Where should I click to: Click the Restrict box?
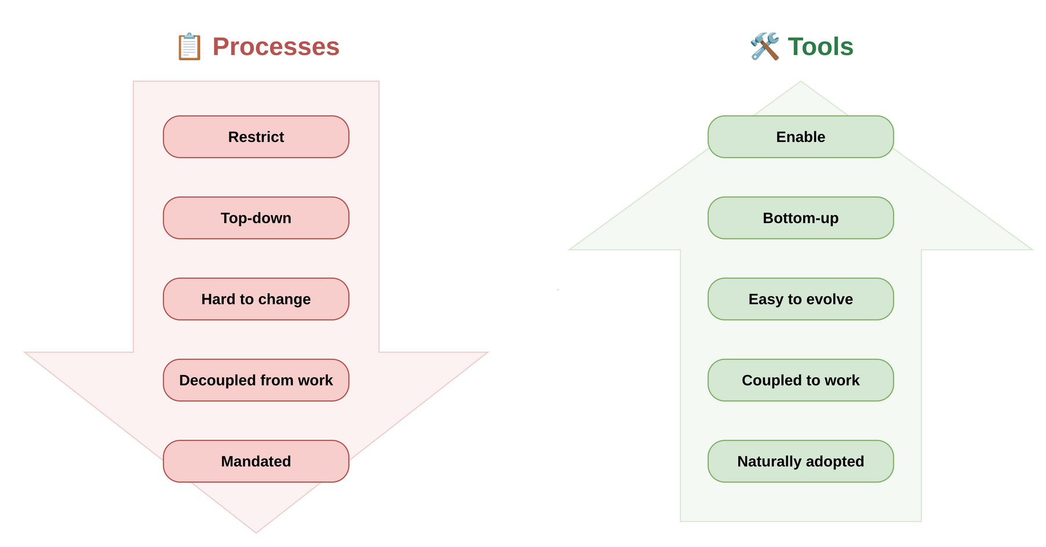256,137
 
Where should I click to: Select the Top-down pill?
256,218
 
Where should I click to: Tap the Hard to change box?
256,299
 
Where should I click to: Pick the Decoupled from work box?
256,380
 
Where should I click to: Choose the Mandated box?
256,461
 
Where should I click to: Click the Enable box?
800,137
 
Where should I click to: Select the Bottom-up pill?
800,218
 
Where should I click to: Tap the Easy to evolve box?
800,299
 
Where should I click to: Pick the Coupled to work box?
800,380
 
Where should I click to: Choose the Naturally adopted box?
800,461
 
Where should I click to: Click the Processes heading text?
276,47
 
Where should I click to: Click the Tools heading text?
820,47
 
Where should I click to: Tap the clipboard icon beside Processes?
189,47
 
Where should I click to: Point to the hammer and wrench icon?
764,46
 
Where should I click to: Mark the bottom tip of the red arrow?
256,531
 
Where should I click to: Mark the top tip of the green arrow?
801,83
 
